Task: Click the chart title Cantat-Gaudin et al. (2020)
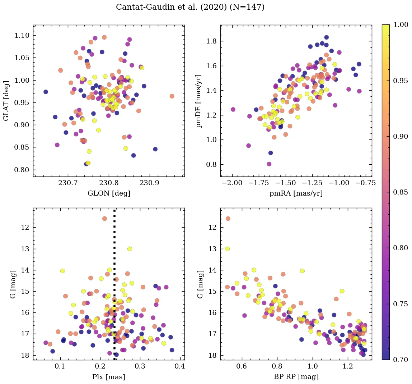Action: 190,7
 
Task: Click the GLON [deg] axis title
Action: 109,193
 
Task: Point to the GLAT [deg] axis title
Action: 6,101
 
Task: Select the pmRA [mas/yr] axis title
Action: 296,193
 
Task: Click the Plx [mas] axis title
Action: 109,377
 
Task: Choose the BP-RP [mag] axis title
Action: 296,377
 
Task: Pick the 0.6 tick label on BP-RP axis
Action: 242,367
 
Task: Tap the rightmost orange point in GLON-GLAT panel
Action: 172,96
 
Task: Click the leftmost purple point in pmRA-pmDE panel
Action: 233,109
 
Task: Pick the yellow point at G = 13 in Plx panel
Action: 130,249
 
